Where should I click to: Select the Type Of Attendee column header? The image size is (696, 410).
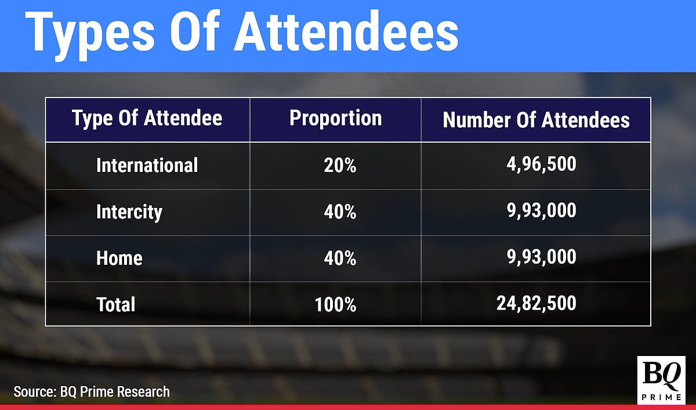tap(147, 119)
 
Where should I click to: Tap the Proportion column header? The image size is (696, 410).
tap(335, 118)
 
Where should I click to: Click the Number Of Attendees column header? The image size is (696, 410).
tap(536, 120)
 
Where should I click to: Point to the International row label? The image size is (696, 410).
tap(147, 166)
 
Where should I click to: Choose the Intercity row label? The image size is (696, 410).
tap(129, 212)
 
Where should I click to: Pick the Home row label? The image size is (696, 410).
tap(119, 258)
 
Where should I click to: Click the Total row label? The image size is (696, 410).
tap(115, 304)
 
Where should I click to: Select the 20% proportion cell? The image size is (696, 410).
tap(340, 166)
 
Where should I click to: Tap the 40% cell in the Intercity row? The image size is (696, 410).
tap(340, 212)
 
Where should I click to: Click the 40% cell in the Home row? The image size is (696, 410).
tap(340, 258)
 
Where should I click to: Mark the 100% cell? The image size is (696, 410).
tap(336, 304)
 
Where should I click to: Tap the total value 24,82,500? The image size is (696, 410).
tap(536, 303)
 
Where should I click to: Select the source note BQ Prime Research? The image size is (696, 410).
tap(92, 391)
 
